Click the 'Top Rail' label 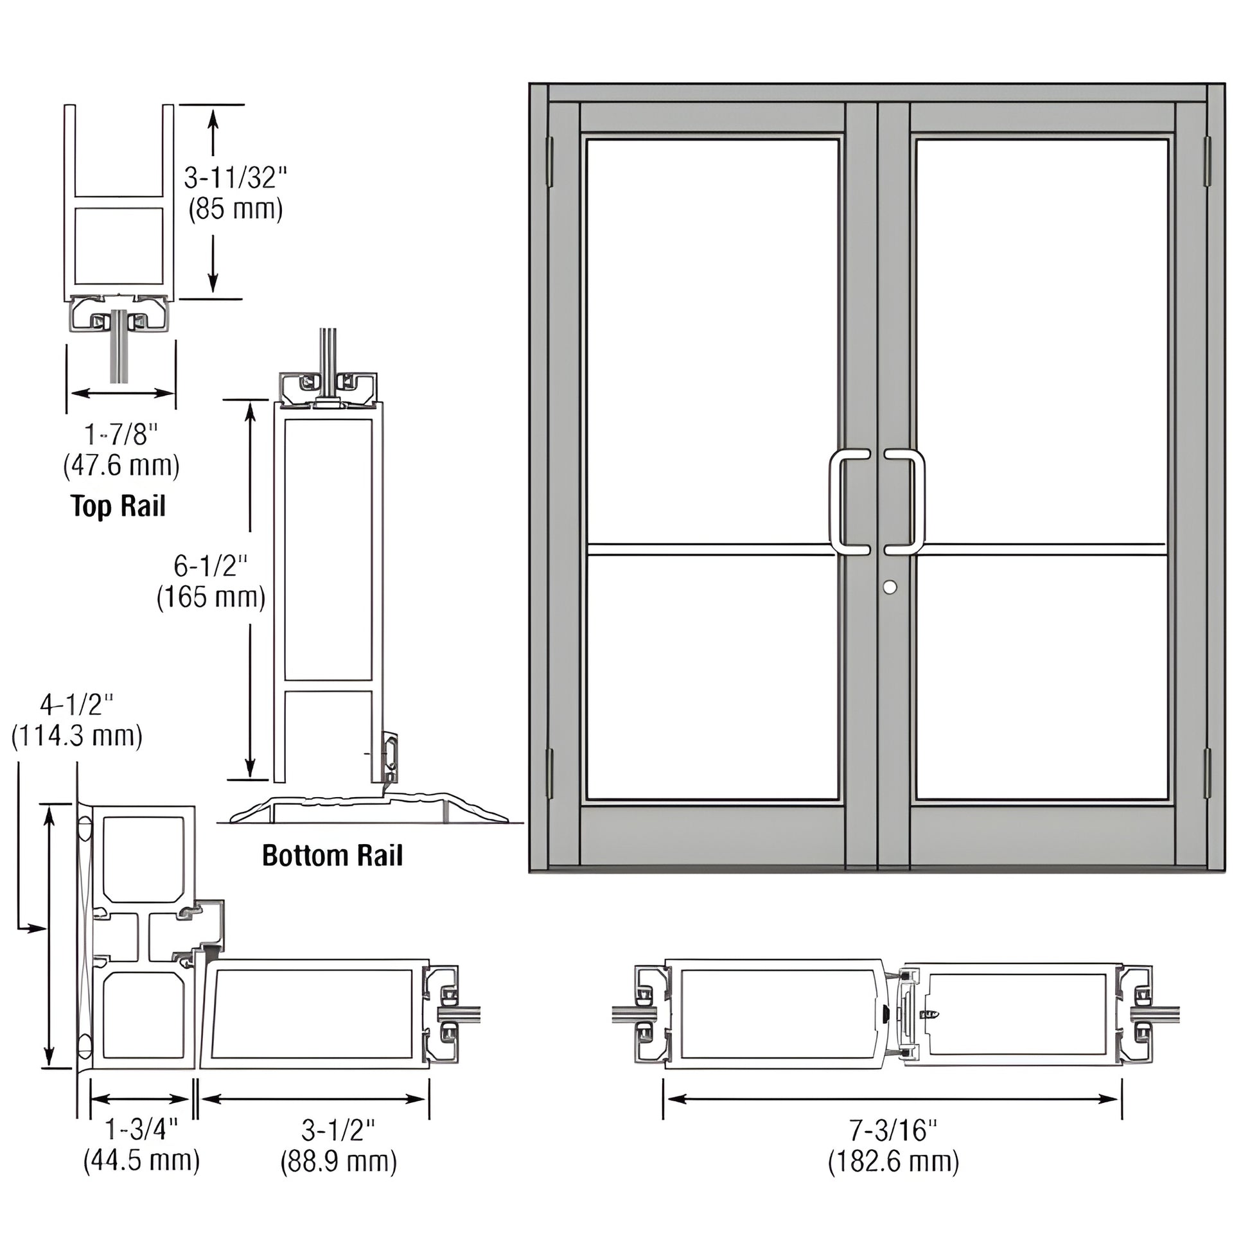coord(118,506)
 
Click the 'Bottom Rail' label coord(332,856)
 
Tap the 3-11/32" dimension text coord(234,178)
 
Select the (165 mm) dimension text coord(211,597)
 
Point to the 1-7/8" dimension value coord(121,435)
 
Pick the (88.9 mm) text coord(339,1161)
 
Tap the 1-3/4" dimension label coord(141,1131)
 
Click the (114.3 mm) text coord(77,735)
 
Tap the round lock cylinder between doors coord(890,587)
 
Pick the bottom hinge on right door coord(1207,773)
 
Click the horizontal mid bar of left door coord(710,550)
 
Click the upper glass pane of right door coord(1042,340)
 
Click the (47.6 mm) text coord(121,466)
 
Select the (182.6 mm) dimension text coord(893,1161)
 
